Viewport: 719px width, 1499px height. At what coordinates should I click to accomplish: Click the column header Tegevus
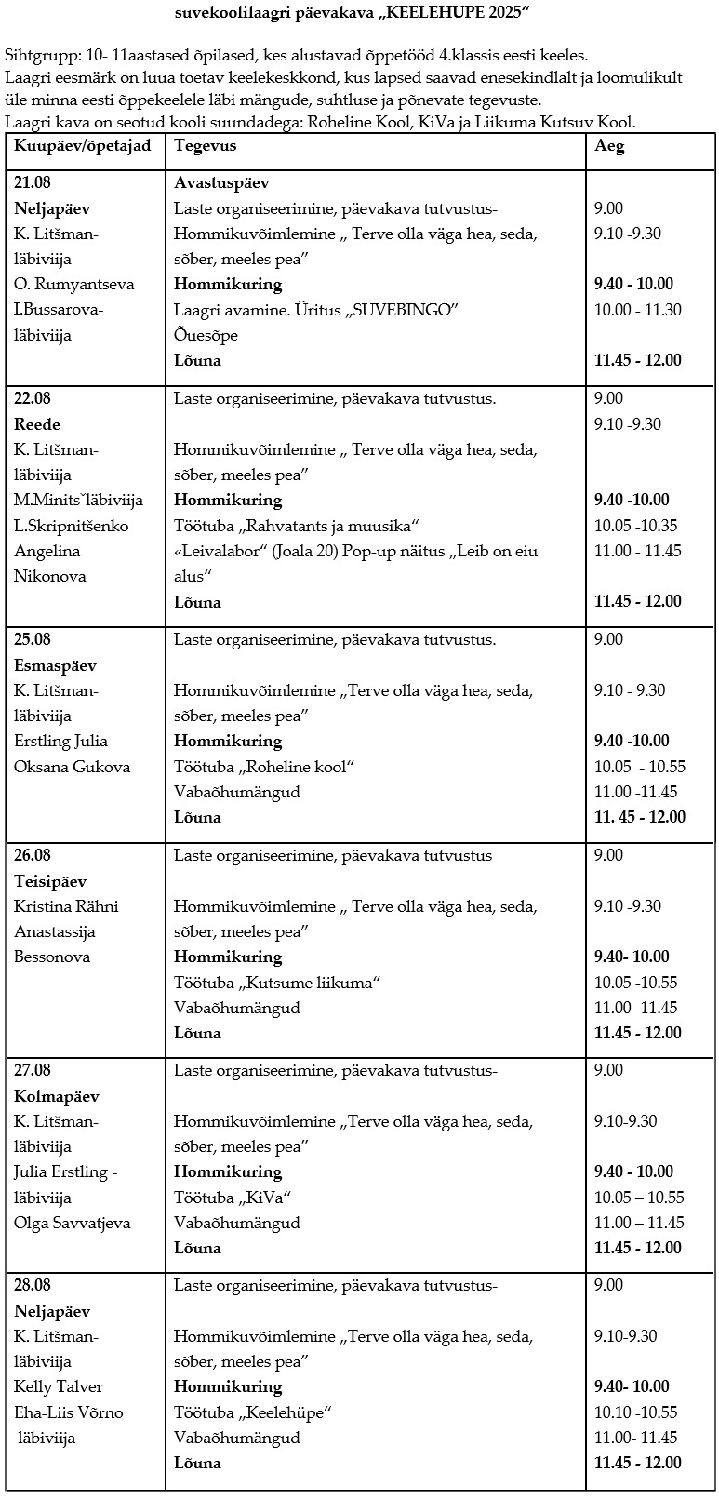coord(206,146)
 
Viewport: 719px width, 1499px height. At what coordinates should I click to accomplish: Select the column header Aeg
coord(609,146)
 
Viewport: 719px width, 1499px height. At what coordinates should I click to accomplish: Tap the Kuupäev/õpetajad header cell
coord(83,146)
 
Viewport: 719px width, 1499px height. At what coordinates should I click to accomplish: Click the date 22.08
coord(33,398)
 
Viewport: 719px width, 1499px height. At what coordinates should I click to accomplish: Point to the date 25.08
coord(33,639)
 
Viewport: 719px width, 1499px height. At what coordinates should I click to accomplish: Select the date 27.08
coord(33,1070)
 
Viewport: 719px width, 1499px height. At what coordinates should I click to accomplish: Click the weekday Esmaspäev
coord(55,665)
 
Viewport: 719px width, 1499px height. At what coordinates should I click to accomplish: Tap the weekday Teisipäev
coord(51,881)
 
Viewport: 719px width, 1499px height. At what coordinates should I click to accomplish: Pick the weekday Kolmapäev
coord(57,1096)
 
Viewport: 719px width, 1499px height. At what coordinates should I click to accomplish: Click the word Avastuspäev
coord(221,183)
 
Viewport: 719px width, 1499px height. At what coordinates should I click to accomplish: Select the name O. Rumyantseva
coord(74,284)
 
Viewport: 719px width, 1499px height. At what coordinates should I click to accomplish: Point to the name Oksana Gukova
coord(73,767)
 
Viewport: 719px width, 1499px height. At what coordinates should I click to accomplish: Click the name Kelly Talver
coord(59,1386)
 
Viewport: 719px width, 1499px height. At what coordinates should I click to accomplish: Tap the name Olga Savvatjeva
coord(73,1223)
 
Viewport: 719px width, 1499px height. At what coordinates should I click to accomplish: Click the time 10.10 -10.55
coord(636,1412)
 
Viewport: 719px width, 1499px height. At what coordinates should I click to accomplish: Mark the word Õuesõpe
coord(206,335)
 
